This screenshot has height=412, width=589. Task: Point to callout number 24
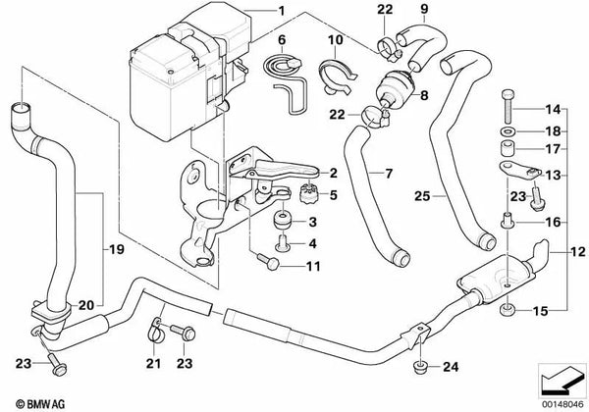coord(451,368)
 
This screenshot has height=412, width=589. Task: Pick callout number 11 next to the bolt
coord(313,266)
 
